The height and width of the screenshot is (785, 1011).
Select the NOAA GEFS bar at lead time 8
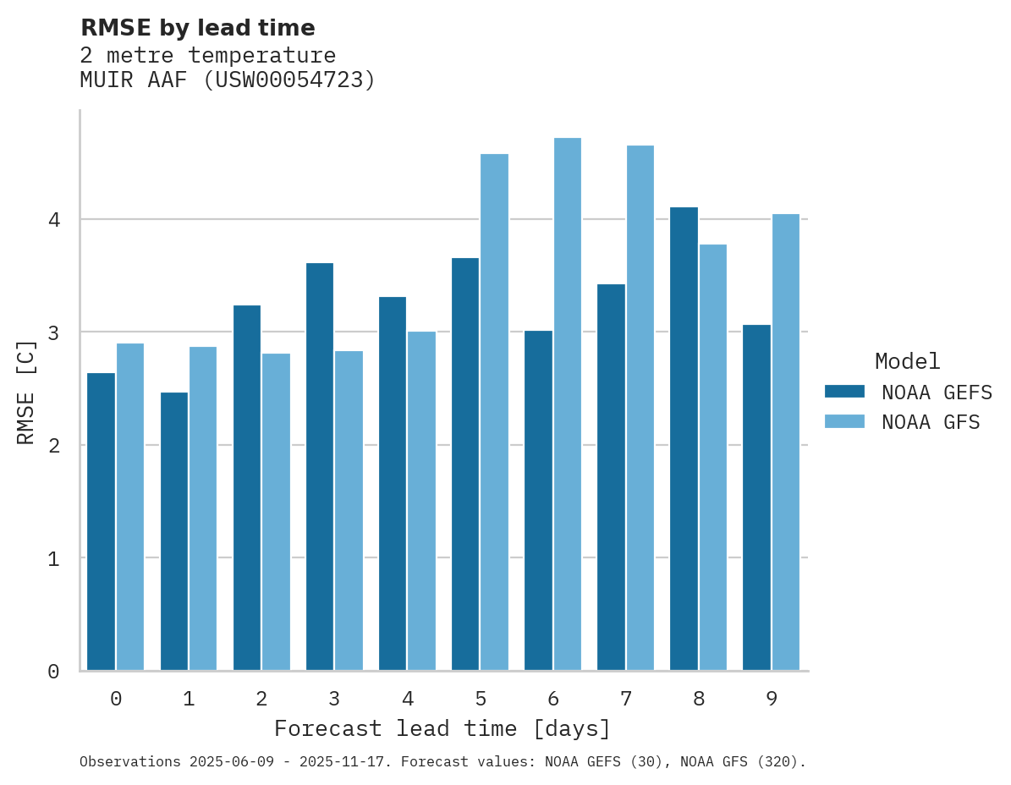(684, 439)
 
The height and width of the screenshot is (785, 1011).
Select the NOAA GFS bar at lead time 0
(130, 507)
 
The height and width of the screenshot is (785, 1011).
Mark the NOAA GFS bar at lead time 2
(276, 512)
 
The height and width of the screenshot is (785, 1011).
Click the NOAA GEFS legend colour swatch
(844, 392)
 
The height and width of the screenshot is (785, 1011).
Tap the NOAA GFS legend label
(931, 422)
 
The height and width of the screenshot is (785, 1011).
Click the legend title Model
(907, 362)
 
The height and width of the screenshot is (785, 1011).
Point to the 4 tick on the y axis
(53, 220)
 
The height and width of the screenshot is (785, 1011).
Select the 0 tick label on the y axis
(53, 672)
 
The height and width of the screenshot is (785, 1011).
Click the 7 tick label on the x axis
(626, 699)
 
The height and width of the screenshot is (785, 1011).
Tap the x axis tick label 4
(408, 699)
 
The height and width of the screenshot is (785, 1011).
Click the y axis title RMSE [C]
(26, 391)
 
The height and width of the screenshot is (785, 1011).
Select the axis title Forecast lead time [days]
(442, 728)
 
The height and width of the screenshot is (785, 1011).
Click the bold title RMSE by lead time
(197, 28)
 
